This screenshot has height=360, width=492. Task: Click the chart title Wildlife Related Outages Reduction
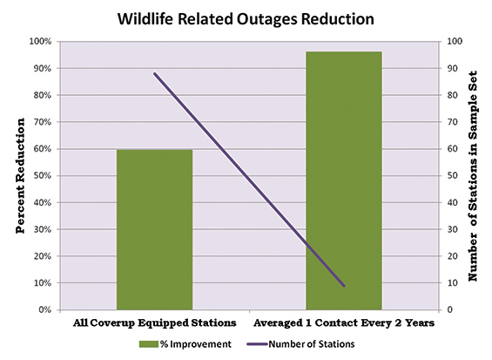(246, 19)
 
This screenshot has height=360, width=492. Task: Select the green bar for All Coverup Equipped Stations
(154, 229)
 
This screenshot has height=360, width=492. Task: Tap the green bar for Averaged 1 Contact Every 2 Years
(344, 180)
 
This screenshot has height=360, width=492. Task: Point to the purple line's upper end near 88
(154, 73)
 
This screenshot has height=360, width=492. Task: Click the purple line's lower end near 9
(344, 286)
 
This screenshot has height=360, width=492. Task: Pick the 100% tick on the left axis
(40, 42)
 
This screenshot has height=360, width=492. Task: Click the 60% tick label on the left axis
(42, 149)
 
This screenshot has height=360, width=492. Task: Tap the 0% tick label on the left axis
(45, 309)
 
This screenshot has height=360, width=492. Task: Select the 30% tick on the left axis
(42, 229)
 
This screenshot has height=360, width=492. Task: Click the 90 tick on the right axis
(452, 68)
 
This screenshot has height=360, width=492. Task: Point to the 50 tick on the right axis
(452, 175)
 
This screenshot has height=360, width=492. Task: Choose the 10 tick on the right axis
(452, 283)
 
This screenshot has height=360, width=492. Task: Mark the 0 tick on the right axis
(449, 309)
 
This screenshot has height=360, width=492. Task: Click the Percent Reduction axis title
(20, 175)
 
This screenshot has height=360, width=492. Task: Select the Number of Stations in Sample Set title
(473, 176)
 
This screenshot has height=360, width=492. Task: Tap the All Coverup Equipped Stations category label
(154, 323)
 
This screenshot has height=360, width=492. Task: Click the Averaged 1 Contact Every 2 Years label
(344, 323)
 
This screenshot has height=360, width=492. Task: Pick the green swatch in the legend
(149, 344)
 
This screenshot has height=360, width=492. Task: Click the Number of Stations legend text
(312, 344)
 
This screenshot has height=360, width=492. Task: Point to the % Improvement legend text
(196, 344)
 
